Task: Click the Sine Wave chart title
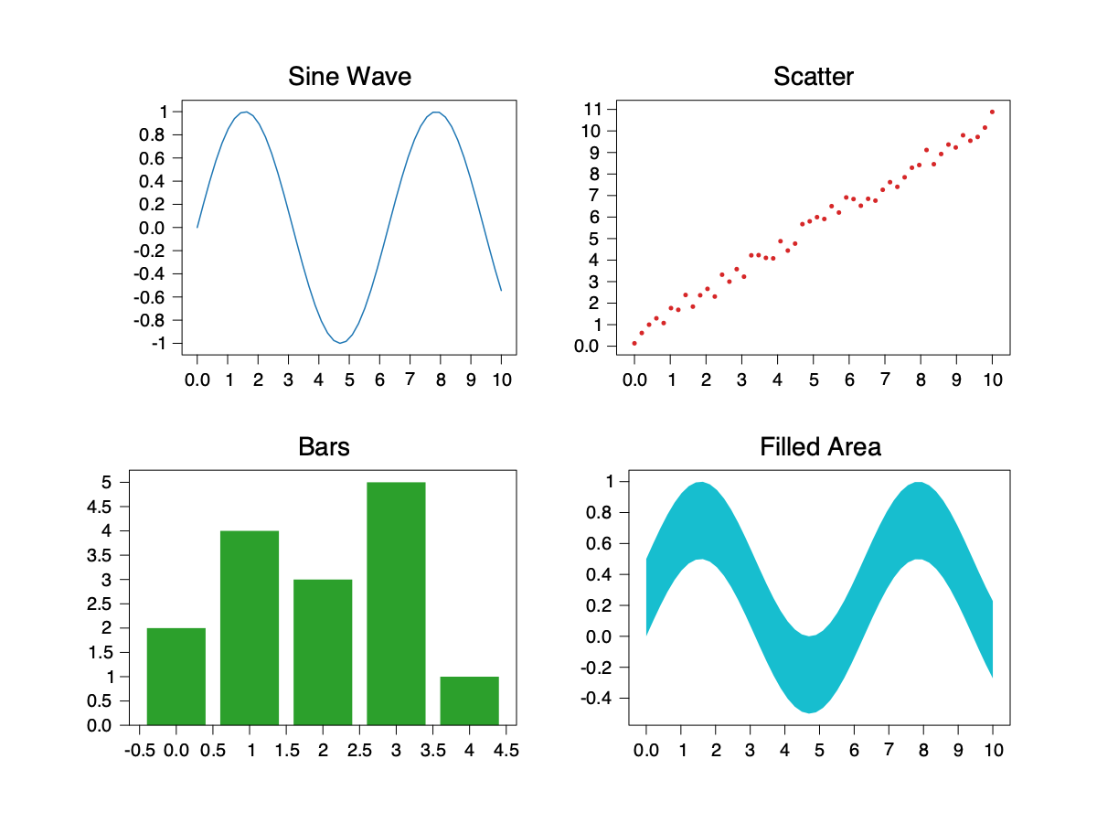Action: coord(349,76)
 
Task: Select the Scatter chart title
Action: coord(813,76)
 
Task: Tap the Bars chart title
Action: coord(324,447)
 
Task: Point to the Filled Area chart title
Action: coord(820,447)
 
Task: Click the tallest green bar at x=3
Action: coord(396,604)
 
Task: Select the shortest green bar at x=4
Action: coord(469,700)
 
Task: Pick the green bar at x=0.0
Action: coord(176,677)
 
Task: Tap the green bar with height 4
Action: coord(250,627)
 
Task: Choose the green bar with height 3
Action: coord(323,652)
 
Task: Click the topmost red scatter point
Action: coord(992,112)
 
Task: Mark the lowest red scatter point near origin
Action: coord(634,343)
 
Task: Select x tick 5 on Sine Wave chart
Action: coord(349,379)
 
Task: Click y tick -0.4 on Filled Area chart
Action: coord(602,698)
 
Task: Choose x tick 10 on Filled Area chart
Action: coord(993,750)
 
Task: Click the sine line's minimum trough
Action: coord(340,343)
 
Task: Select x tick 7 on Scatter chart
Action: coord(885,379)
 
